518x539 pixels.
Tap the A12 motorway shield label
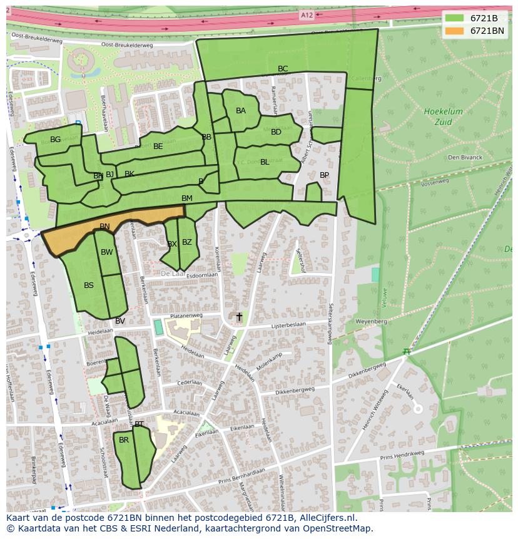point(306,15)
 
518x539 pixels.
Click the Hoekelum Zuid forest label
point(443,116)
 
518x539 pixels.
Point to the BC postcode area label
point(283,69)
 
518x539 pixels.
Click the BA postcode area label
point(241,111)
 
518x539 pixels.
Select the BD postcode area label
point(276,132)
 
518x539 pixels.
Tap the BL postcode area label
point(265,162)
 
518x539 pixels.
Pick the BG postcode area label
point(56,140)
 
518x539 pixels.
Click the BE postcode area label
point(158,146)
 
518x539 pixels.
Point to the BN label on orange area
point(104,227)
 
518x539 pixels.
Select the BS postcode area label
point(89,285)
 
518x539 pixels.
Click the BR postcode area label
point(124,440)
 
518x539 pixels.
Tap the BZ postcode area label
point(186,242)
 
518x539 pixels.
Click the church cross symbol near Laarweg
point(238,317)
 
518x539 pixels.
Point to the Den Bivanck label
point(465,157)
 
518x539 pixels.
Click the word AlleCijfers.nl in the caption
point(325,518)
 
